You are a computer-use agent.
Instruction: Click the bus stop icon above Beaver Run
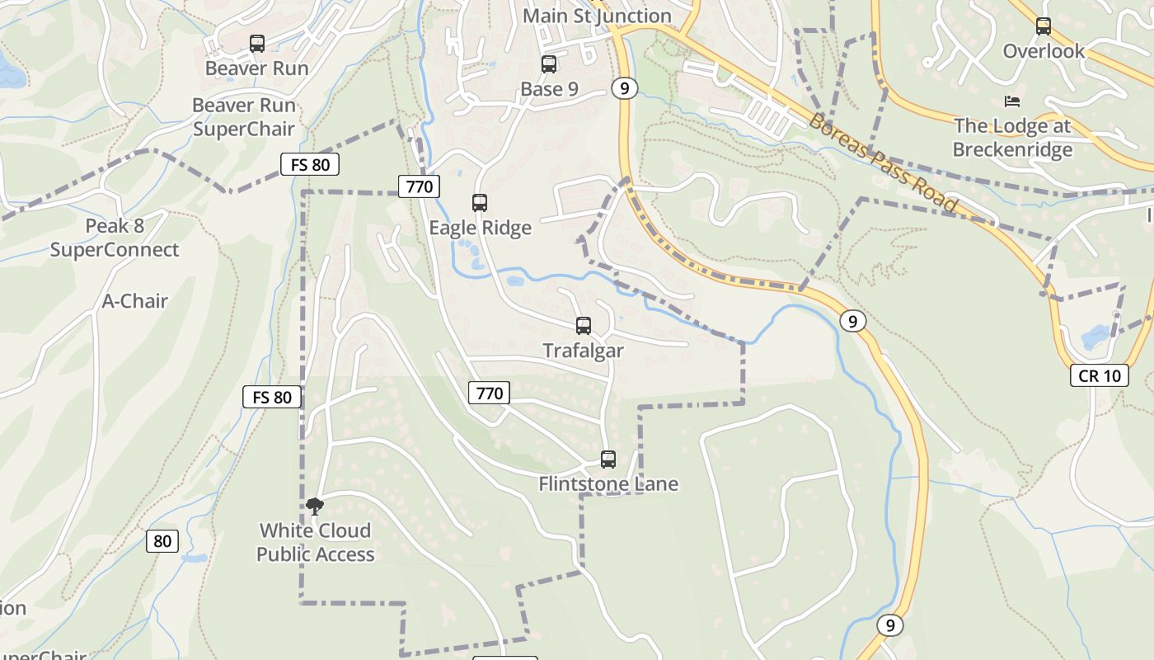(x=257, y=44)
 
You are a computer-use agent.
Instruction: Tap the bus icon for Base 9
(x=549, y=64)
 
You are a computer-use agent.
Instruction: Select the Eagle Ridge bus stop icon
(x=480, y=203)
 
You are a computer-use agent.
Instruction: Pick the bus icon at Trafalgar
(x=584, y=326)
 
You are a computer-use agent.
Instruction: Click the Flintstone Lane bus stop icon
(x=608, y=460)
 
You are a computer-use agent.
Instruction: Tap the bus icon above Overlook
(x=1044, y=26)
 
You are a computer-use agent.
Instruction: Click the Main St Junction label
(x=597, y=16)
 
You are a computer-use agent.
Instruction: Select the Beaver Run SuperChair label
(x=243, y=117)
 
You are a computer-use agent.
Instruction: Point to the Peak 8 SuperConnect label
(x=115, y=238)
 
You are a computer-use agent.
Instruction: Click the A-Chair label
(x=135, y=301)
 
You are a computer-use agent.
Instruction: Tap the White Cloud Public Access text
(x=316, y=542)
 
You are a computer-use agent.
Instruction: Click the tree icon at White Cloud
(x=314, y=506)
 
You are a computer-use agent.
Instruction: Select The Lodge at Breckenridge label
(x=1012, y=138)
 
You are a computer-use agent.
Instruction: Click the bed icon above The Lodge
(x=1012, y=101)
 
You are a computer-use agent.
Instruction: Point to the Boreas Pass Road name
(x=883, y=163)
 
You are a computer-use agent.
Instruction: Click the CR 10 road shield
(x=1100, y=375)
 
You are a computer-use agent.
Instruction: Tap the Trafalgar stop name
(x=583, y=351)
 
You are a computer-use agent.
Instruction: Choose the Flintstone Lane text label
(x=608, y=484)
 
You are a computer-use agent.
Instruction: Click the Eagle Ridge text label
(x=480, y=228)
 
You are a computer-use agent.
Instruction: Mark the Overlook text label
(x=1044, y=51)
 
